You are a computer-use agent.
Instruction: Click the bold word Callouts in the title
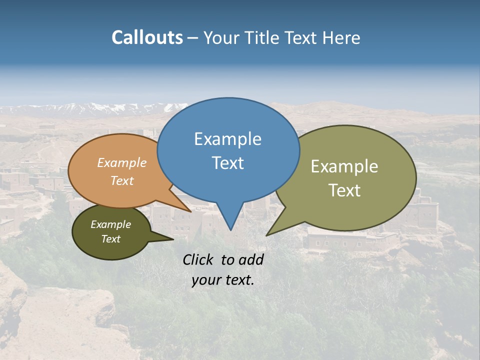pyautogui.click(x=147, y=37)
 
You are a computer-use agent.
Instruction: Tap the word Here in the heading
pyautogui.click(x=341, y=37)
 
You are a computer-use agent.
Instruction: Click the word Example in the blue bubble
pyautogui.click(x=227, y=139)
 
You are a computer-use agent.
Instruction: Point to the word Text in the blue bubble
pyautogui.click(x=227, y=163)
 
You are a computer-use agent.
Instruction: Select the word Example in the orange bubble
pyautogui.click(x=122, y=163)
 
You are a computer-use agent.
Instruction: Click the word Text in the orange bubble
pyautogui.click(x=122, y=180)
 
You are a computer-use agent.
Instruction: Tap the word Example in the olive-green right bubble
pyautogui.click(x=344, y=166)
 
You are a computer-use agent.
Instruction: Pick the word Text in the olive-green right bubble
pyautogui.click(x=344, y=190)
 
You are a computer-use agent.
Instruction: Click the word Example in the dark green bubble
pyautogui.click(x=110, y=224)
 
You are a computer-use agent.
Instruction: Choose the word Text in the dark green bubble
pyautogui.click(x=110, y=239)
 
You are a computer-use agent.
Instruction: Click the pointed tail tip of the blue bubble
pyautogui.click(x=230, y=230)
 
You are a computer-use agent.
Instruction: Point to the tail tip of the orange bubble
pyautogui.click(x=190, y=211)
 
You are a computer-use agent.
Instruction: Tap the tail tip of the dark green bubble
pyautogui.click(x=173, y=239)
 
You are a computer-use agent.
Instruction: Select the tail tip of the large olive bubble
pyautogui.click(x=266, y=235)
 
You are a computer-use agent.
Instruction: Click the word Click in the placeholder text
pyautogui.click(x=199, y=259)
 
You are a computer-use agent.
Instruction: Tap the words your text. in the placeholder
pyautogui.click(x=223, y=280)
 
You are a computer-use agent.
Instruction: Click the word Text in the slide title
pyautogui.click(x=301, y=37)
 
